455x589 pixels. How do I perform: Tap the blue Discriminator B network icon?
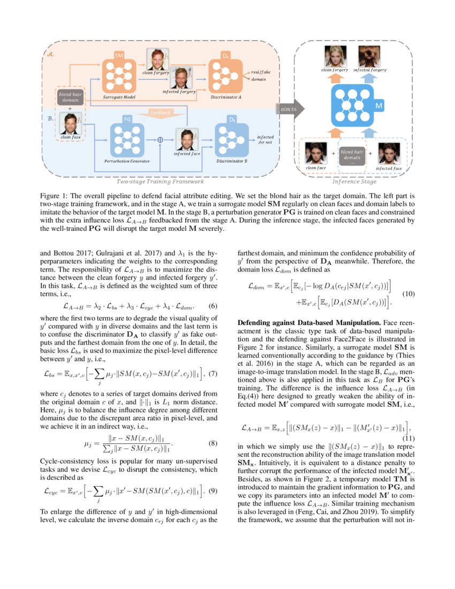pos(232,137)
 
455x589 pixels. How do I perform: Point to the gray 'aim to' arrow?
pos(289,109)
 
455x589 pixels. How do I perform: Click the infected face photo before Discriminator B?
pos(187,139)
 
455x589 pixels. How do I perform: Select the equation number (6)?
pos(212,307)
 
